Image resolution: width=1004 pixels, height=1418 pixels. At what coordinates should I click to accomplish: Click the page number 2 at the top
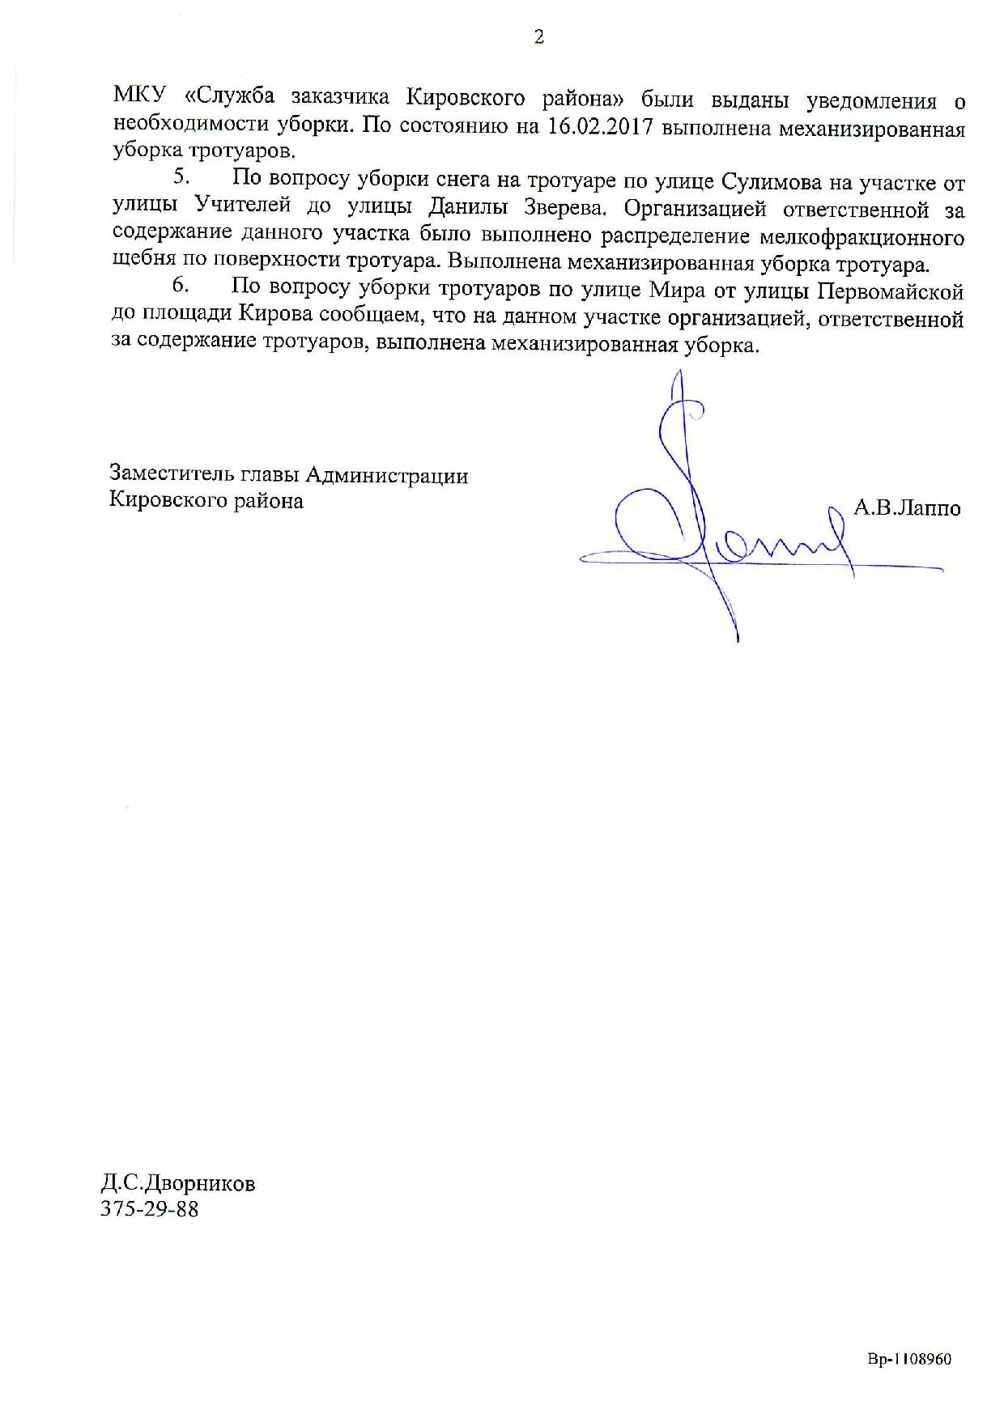(x=538, y=37)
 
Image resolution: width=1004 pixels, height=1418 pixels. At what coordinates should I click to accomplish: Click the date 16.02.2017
(x=600, y=127)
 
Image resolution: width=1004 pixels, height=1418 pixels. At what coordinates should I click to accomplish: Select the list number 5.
(x=182, y=177)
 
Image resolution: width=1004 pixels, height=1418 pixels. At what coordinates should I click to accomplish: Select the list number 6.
(x=181, y=286)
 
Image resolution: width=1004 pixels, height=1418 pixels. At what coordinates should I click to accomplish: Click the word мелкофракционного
(x=862, y=238)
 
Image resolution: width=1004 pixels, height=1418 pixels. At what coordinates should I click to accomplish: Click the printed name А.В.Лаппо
(x=907, y=508)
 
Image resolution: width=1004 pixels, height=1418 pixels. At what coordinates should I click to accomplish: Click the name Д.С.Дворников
(x=177, y=1184)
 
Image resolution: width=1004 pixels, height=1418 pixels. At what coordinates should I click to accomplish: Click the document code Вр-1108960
(x=909, y=1360)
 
